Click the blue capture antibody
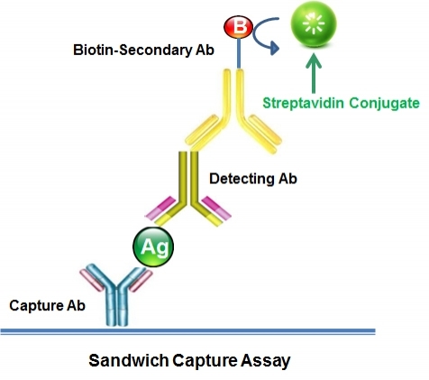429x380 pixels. click(116, 293)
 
